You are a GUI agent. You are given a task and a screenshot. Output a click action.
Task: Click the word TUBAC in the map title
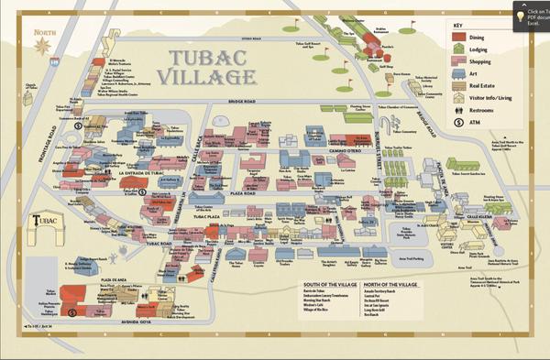(205, 59)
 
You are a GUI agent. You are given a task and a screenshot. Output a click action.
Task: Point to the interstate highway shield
(54, 62)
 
